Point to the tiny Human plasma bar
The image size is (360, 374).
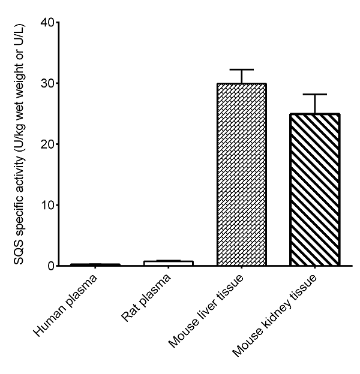[x=95, y=264]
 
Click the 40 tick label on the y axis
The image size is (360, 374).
[x=46, y=23]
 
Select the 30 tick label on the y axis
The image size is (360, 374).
[x=46, y=83]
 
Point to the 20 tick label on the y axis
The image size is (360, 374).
[x=46, y=144]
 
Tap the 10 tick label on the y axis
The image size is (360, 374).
[x=46, y=205]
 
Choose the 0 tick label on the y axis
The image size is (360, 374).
[x=50, y=266]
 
